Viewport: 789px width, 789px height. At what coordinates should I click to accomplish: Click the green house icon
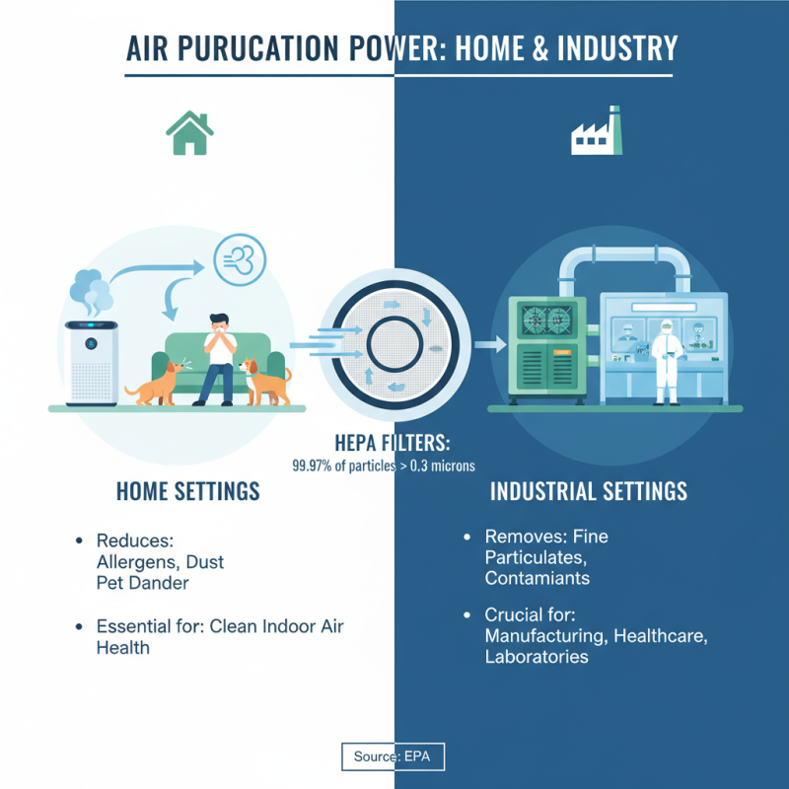[190, 133]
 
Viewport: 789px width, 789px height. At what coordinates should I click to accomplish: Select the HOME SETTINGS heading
[188, 490]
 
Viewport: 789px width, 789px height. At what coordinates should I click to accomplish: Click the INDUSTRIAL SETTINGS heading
[589, 490]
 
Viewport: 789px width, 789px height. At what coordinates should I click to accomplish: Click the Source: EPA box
[394, 756]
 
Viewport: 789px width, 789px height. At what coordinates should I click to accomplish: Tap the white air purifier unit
[91, 362]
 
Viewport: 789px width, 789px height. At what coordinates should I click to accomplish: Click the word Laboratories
[537, 657]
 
